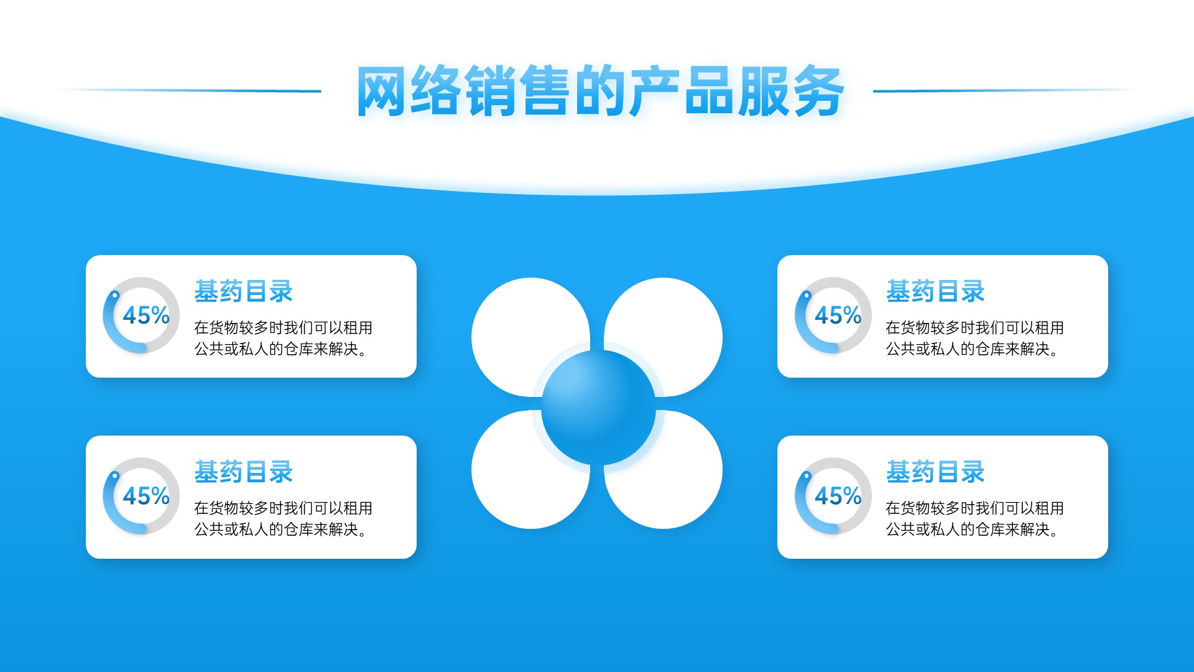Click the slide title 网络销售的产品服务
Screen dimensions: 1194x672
(600, 91)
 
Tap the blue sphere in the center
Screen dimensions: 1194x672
(598, 407)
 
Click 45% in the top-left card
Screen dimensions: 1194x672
(146, 315)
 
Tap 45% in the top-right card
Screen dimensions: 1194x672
(838, 315)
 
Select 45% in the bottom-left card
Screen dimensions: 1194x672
(146, 496)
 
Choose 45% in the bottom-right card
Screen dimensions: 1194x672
(838, 496)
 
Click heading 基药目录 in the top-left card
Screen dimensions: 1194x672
(244, 291)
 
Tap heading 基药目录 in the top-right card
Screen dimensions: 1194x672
(935, 291)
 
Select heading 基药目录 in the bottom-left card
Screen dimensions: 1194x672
(244, 472)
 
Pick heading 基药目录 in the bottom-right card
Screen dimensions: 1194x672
(935, 472)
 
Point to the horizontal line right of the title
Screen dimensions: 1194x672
(1004, 91)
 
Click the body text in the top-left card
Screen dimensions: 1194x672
(284, 338)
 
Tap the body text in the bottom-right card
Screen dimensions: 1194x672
(975, 519)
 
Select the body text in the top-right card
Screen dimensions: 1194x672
(975, 338)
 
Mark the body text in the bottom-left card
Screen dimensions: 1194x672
(284, 519)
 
